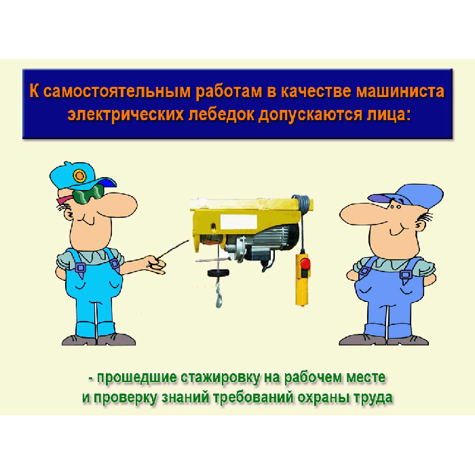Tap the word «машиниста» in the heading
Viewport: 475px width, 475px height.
[x=400, y=91]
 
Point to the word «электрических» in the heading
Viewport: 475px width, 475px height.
[x=126, y=115]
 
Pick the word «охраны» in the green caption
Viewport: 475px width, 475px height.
[x=324, y=398]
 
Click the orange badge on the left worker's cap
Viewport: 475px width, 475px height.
[x=79, y=176]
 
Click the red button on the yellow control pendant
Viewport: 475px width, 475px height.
[x=305, y=263]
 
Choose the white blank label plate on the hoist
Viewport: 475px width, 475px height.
[x=238, y=222]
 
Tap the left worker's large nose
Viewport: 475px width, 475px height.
[x=117, y=204]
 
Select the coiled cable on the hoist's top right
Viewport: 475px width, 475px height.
[x=302, y=202]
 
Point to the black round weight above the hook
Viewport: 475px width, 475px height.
[x=218, y=273]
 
